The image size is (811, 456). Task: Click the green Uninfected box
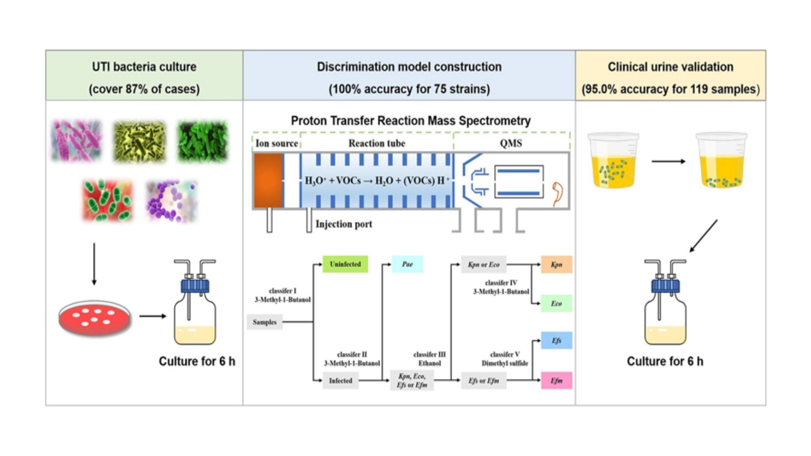(345, 264)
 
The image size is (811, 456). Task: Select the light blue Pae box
(407, 264)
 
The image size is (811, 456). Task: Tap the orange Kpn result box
(556, 265)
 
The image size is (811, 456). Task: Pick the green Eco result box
(556, 303)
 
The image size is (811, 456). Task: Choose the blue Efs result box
(556, 340)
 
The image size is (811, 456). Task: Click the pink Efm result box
(556, 380)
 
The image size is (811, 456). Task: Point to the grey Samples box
(264, 322)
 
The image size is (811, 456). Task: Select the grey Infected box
(340, 380)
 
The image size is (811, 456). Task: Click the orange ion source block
(268, 180)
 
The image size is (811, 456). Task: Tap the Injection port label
(344, 224)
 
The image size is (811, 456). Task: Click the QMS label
(511, 144)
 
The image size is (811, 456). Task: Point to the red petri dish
(95, 318)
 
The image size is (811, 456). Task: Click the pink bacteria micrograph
(76, 141)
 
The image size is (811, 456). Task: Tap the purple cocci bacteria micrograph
(171, 201)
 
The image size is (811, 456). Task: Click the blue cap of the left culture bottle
(195, 285)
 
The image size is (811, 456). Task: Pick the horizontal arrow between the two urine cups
(668, 161)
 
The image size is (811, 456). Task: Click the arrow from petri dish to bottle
(152, 316)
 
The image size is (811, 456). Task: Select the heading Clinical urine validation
(670, 67)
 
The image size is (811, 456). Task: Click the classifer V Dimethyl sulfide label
(505, 359)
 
